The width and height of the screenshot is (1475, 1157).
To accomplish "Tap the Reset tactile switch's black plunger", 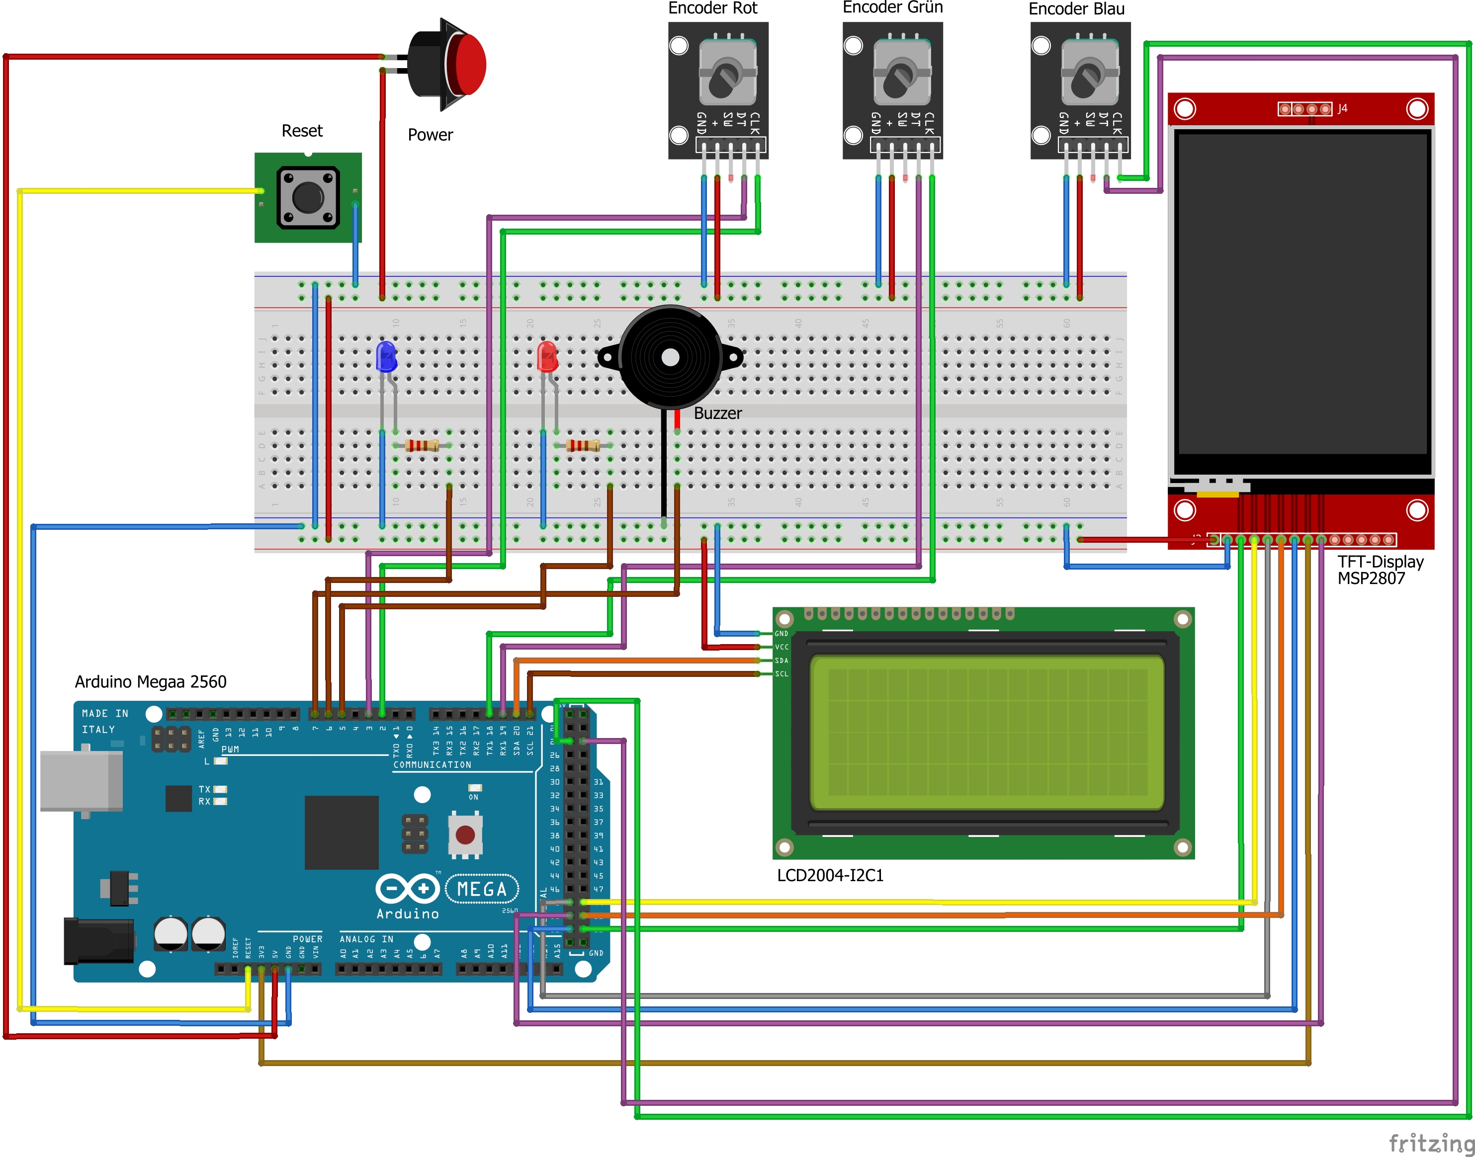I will coord(308,197).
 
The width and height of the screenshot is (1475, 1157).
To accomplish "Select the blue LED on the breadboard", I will coord(386,357).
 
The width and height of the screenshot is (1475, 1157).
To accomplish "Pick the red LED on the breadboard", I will coord(547,357).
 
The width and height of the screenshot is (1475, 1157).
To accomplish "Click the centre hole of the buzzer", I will coord(670,358).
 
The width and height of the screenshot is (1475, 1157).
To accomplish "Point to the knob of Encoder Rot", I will coord(726,76).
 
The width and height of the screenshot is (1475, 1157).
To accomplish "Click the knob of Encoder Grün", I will coord(900,76).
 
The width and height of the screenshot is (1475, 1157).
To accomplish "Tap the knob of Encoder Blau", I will coord(1088,76).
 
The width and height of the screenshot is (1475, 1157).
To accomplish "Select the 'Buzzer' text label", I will coord(717,413).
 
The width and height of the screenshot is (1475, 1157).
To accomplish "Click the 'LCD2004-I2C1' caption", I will coord(830,875).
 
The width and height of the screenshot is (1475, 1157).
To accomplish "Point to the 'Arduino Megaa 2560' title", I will coord(151,681).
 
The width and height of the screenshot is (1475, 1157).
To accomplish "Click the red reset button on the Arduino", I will coord(465,834).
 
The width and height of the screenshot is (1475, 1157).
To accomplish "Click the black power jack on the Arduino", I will coord(99,940).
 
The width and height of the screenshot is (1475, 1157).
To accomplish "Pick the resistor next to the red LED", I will coord(583,445).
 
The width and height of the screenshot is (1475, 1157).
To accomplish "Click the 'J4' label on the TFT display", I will coord(1342,108).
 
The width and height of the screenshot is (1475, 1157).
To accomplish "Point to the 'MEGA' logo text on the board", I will coord(482,889).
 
